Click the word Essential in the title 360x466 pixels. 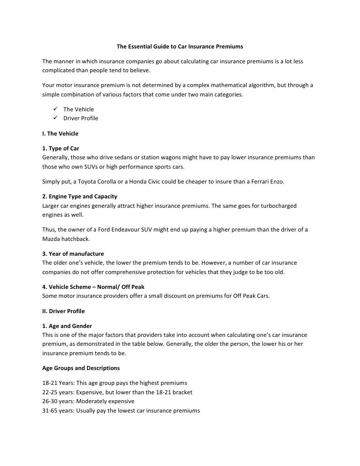[140, 47]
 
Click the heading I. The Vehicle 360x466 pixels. [60, 134]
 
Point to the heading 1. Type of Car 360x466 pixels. [61, 148]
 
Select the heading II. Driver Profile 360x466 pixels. [63, 311]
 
